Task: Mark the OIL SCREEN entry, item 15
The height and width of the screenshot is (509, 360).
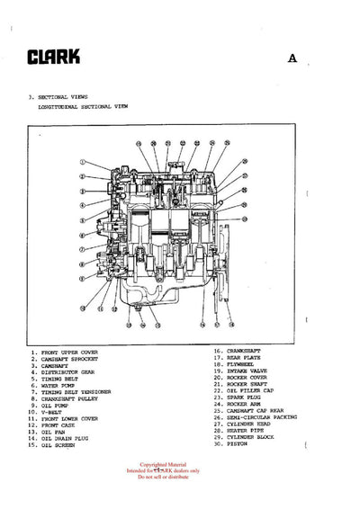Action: click(x=60, y=445)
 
